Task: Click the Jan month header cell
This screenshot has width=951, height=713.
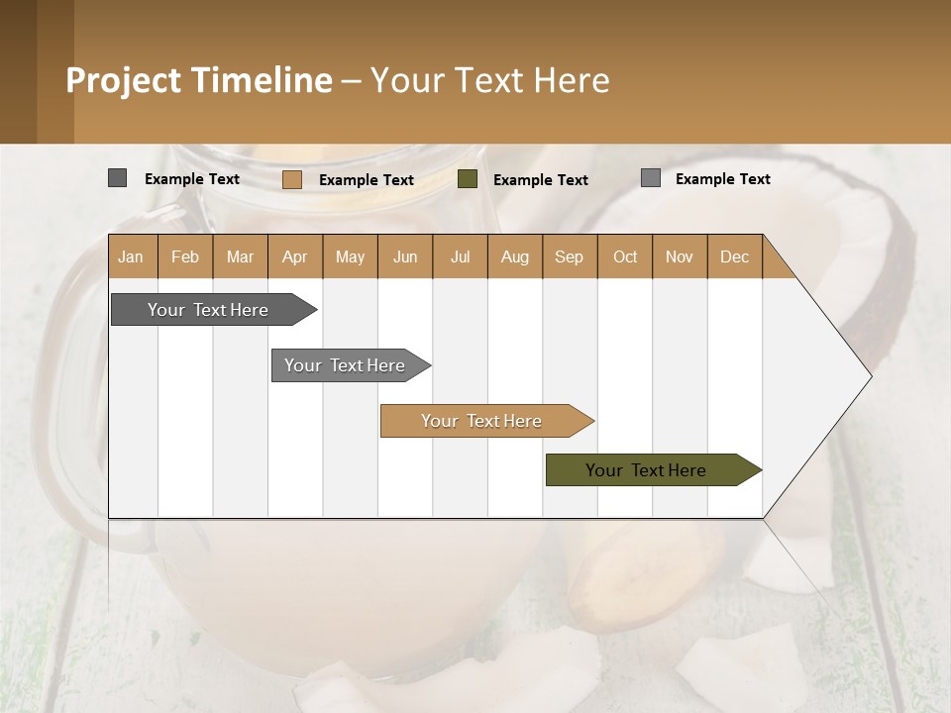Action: (x=132, y=256)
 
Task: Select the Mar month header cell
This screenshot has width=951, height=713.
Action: (x=240, y=256)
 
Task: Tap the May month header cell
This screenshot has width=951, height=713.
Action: (x=350, y=256)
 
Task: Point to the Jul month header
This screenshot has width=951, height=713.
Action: (x=460, y=256)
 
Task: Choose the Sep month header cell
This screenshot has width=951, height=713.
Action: (x=569, y=256)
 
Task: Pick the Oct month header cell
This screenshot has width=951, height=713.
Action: (x=624, y=256)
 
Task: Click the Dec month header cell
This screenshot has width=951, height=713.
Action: (x=734, y=256)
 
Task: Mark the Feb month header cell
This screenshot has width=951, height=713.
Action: (x=185, y=256)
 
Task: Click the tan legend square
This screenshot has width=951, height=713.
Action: (x=291, y=179)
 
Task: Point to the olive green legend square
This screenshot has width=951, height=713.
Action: (x=468, y=179)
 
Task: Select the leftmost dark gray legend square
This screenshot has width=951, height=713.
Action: (x=117, y=178)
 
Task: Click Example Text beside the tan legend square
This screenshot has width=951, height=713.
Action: (x=367, y=180)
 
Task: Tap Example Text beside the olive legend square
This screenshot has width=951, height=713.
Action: (x=541, y=180)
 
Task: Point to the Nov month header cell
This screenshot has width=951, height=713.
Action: (x=679, y=256)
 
